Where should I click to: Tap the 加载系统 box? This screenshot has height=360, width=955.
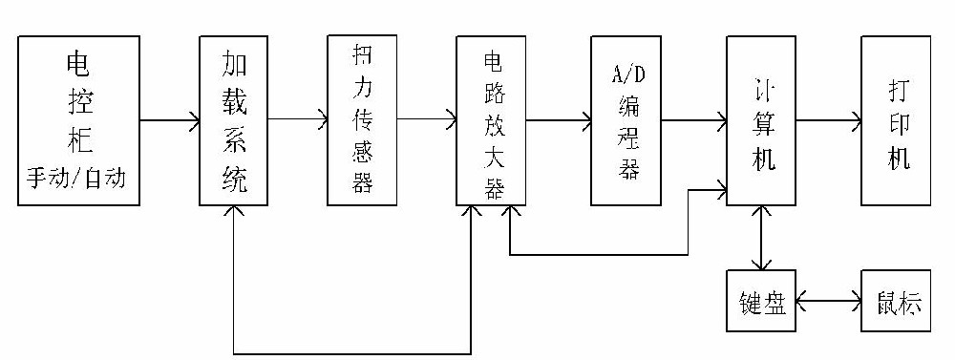[x=234, y=120]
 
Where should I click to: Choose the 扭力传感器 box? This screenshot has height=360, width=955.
[x=361, y=120]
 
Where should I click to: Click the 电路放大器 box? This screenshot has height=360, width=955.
[x=491, y=120]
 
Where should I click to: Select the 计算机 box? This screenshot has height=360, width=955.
[x=760, y=120]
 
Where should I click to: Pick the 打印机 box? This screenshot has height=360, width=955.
[x=895, y=120]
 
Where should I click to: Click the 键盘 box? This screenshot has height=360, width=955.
[x=760, y=303]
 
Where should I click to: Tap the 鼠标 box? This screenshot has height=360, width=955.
[x=895, y=303]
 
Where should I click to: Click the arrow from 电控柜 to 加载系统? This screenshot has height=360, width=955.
[x=170, y=120]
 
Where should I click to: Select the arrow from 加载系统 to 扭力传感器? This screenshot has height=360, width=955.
[x=298, y=120]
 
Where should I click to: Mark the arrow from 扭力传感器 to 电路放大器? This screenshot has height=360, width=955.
[x=426, y=120]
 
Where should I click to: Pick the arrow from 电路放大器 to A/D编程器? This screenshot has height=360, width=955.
[x=558, y=120]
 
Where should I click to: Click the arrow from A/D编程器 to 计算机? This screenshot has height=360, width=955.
[x=693, y=120]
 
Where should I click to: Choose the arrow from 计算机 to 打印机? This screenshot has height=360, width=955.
[x=828, y=120]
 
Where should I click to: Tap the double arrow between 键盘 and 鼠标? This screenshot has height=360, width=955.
[x=828, y=303]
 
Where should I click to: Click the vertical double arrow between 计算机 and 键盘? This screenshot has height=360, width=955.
[x=760, y=240]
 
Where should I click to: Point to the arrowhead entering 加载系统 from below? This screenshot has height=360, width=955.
[x=234, y=212]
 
